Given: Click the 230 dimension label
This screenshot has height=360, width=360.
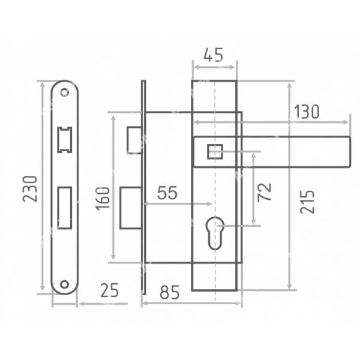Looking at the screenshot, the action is pos(30,189).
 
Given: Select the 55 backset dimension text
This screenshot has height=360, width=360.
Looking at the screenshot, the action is pos(167,193).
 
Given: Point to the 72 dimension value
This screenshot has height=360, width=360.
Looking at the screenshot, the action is pos(264,193).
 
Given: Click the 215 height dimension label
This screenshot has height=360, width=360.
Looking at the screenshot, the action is pos(307,202).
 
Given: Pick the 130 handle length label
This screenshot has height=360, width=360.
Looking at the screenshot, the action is pos(307,112).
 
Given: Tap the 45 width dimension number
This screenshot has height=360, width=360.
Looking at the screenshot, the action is pos(213,55).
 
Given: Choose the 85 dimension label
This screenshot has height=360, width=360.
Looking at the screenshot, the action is pos(170,293).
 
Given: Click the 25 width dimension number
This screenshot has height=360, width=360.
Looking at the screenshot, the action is pos(110,290).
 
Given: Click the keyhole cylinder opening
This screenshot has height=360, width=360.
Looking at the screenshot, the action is pos(215,233).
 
